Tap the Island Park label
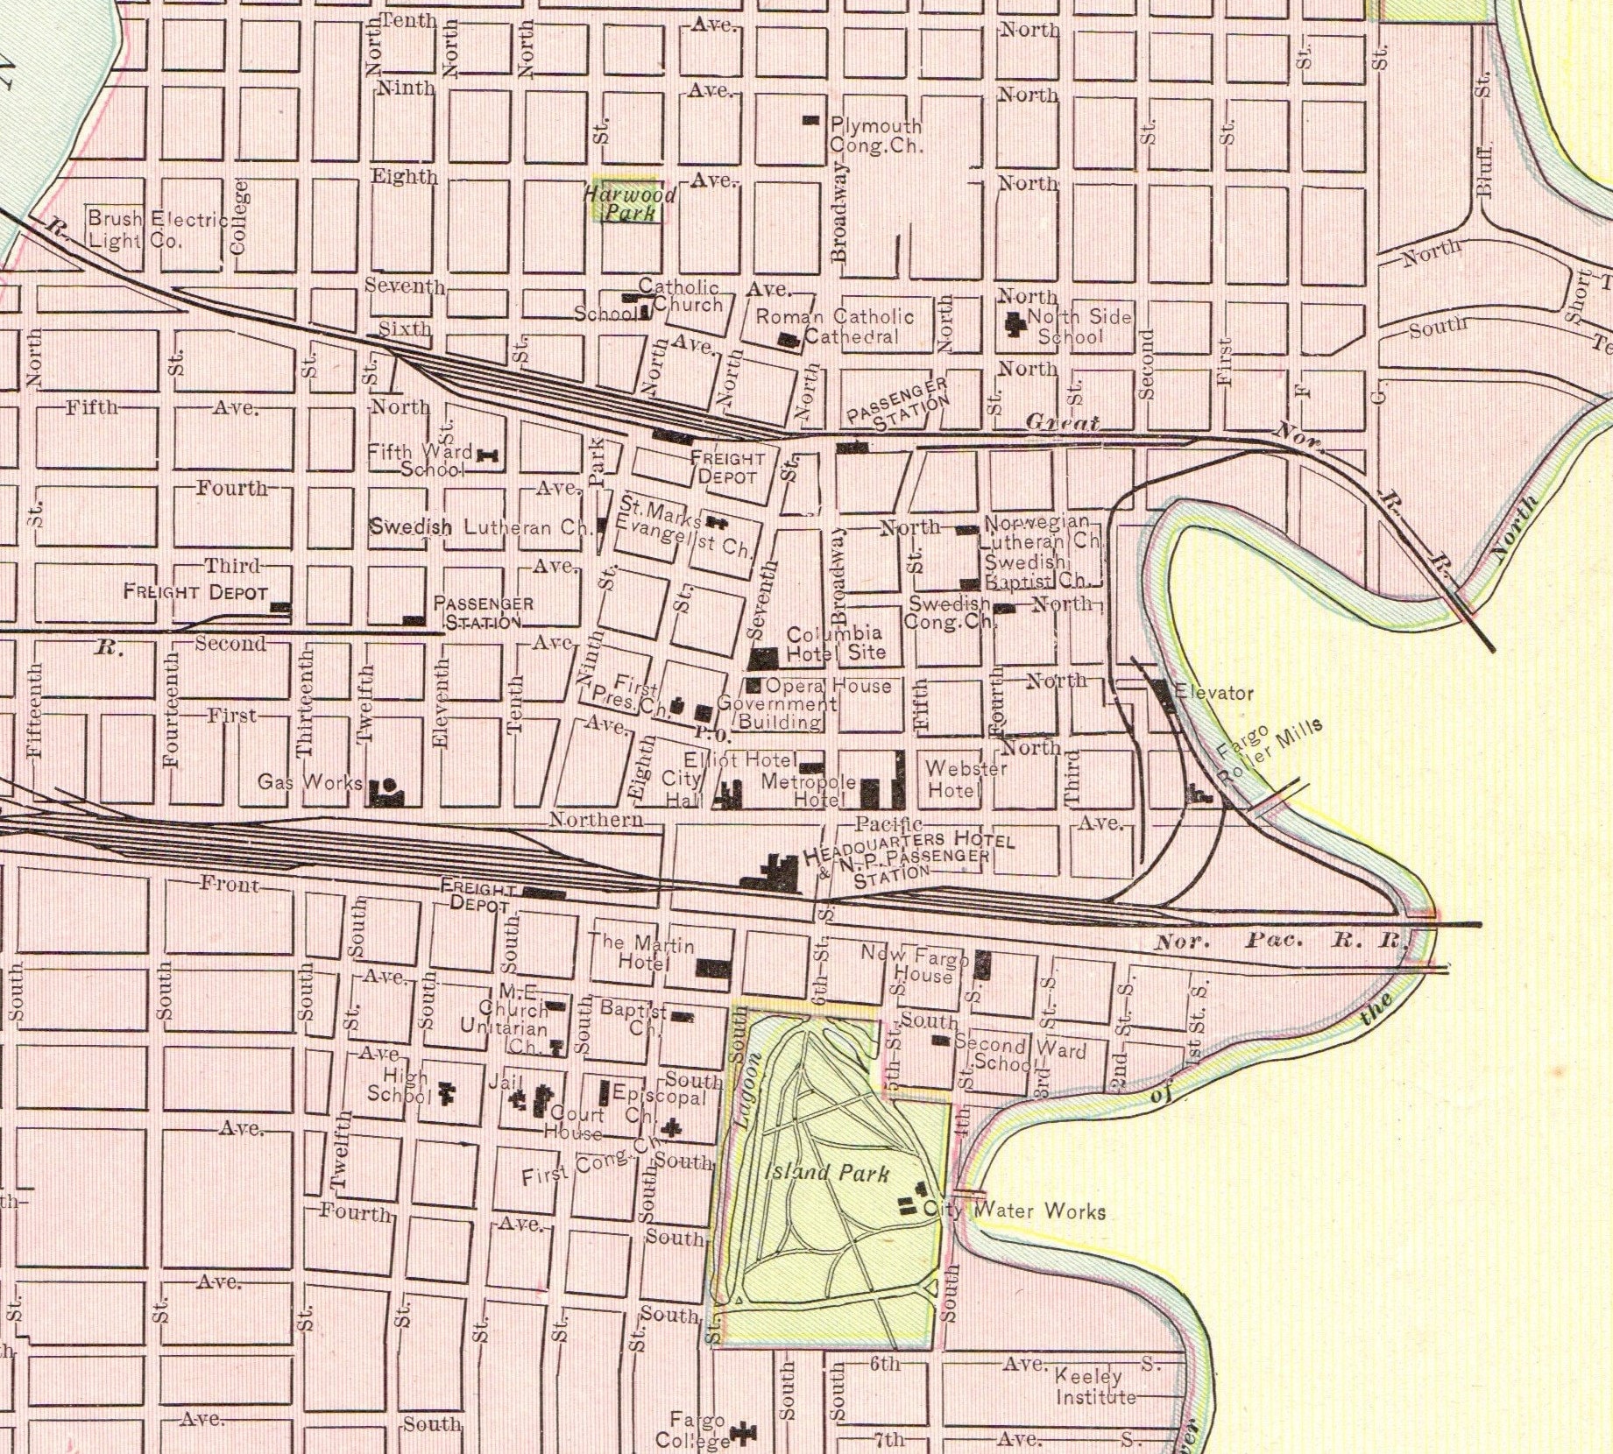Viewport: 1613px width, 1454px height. tap(827, 1173)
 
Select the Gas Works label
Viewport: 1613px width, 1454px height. tap(310, 781)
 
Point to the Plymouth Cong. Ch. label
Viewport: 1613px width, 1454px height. tap(876, 136)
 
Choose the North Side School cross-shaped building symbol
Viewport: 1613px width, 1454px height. tap(1015, 324)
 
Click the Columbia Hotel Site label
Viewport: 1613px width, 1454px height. tap(835, 643)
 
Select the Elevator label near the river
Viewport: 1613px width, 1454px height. tap(1214, 693)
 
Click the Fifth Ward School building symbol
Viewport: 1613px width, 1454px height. tap(487, 454)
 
